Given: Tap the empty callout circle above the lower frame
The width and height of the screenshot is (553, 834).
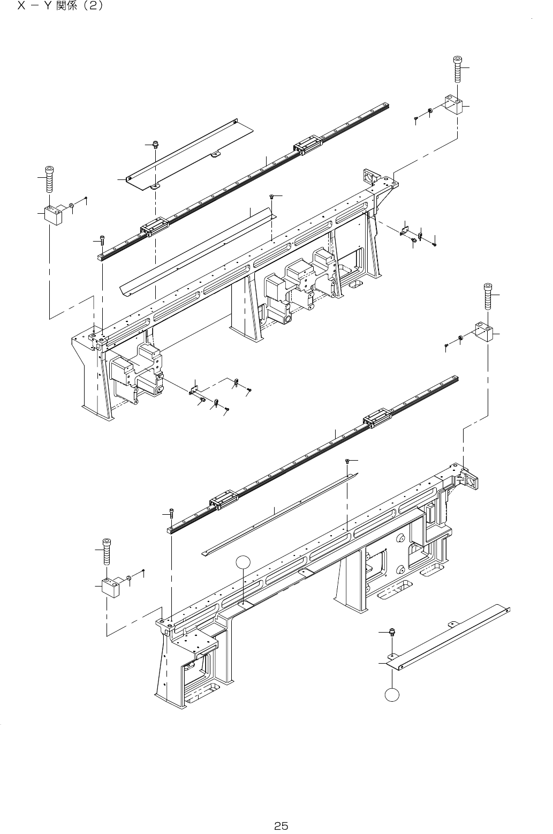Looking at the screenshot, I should [x=243, y=562].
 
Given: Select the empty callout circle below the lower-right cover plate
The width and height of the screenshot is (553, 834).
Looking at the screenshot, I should [x=392, y=694].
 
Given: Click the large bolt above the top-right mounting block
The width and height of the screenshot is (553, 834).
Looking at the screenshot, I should [x=458, y=69].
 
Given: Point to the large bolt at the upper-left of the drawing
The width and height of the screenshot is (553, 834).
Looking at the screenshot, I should [x=49, y=179].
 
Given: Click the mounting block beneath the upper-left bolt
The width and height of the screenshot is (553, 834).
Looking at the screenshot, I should [x=53, y=215].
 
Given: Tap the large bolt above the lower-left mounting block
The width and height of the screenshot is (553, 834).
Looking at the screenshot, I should [x=107, y=551].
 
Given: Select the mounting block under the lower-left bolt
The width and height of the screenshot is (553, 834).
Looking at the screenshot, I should [x=111, y=588].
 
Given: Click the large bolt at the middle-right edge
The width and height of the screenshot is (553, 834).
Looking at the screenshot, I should [x=488, y=296].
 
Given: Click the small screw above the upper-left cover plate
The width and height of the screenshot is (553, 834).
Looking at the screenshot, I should [x=155, y=144].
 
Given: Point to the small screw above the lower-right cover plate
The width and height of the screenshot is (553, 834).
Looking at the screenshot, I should [x=392, y=633].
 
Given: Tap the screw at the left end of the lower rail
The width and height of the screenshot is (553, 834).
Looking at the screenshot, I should [x=171, y=513].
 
